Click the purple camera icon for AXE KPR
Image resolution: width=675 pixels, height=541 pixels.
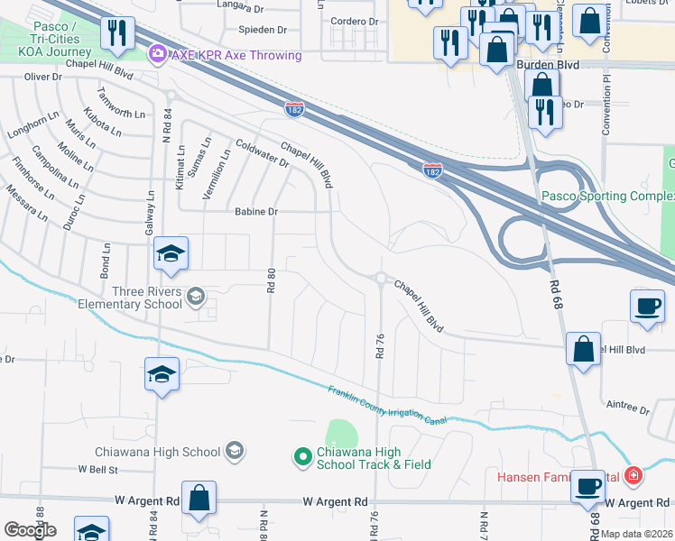coord(159,55)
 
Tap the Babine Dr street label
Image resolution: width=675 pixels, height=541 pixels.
coord(257,212)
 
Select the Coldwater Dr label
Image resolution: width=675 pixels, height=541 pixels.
coord(261,152)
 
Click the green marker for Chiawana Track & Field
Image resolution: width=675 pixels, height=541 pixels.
coord(303,458)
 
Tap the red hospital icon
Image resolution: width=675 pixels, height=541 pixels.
coord(633,474)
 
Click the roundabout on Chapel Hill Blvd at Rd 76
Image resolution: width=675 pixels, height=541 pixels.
coord(381,279)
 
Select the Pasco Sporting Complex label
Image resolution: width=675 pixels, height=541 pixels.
coord(606,197)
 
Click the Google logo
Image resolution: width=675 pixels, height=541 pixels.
coord(30,530)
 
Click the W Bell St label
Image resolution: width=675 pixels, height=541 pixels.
coord(98,470)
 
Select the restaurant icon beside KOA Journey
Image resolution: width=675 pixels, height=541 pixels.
coord(116,35)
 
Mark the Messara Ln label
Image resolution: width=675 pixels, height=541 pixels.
coord(26,204)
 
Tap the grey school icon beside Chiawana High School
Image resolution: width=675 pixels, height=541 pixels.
coord(235,451)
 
